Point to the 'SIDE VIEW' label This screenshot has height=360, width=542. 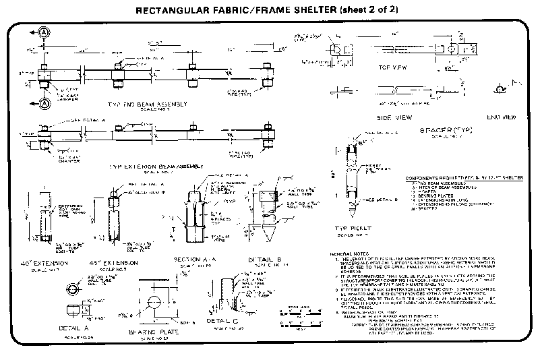click(394, 117)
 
